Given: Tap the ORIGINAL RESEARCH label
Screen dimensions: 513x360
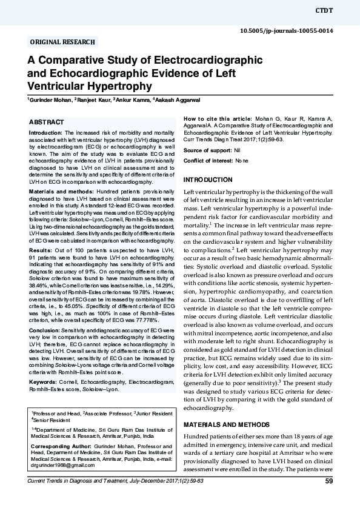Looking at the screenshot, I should coord(62,42).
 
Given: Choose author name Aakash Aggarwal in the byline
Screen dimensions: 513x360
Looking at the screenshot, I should coord(178,99).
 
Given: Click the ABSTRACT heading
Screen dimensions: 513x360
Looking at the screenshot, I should coord(47,122).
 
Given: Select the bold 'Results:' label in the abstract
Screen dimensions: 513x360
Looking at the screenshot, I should coord(41,249).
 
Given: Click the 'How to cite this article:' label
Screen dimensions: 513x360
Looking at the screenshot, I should coord(218,118).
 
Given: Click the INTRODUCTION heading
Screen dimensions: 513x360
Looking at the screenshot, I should coord(208,180).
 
